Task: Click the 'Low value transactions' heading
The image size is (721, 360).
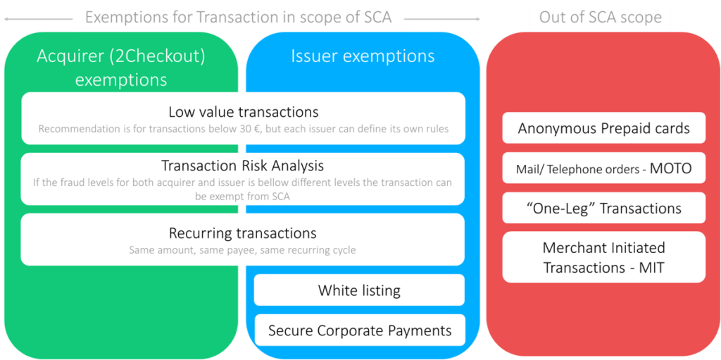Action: (243, 112)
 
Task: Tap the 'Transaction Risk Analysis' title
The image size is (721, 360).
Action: (242, 165)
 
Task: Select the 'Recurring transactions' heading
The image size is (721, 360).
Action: (243, 233)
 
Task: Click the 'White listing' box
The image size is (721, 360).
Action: (359, 290)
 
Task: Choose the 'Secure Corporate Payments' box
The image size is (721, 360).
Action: (360, 330)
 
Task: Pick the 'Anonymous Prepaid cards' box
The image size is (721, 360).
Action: (603, 128)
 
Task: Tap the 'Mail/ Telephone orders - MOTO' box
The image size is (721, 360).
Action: (603, 168)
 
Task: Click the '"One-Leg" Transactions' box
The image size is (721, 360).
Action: (603, 208)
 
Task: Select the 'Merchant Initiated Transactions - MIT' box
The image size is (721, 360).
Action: (603, 257)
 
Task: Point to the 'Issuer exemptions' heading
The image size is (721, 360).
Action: (363, 56)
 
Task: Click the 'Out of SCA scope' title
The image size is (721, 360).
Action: (600, 18)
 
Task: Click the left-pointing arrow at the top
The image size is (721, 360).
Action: (38, 19)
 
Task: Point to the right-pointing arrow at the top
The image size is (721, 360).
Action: (442, 19)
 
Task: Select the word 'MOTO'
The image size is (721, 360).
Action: (670, 168)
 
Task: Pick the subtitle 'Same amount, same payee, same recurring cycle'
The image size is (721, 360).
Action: (243, 250)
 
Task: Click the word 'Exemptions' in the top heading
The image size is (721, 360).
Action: (126, 18)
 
